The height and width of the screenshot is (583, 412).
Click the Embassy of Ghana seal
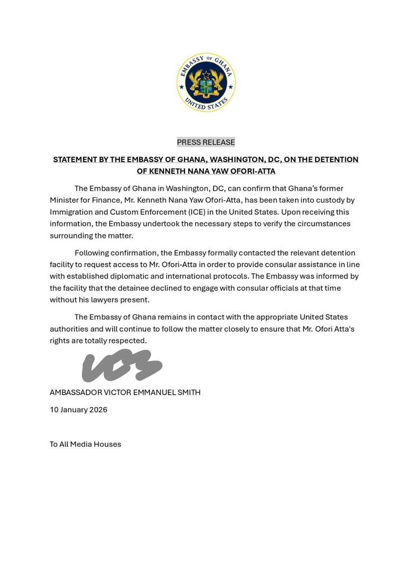pyautogui.click(x=206, y=83)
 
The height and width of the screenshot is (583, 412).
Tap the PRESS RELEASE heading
pyautogui.click(x=206, y=142)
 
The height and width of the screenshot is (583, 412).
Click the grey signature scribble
pyautogui.click(x=122, y=365)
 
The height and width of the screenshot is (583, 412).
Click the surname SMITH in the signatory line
pyautogui.click(x=188, y=392)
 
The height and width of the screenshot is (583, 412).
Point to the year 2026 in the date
pyautogui.click(x=98, y=410)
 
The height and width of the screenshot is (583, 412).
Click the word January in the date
pyautogui.click(x=74, y=410)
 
